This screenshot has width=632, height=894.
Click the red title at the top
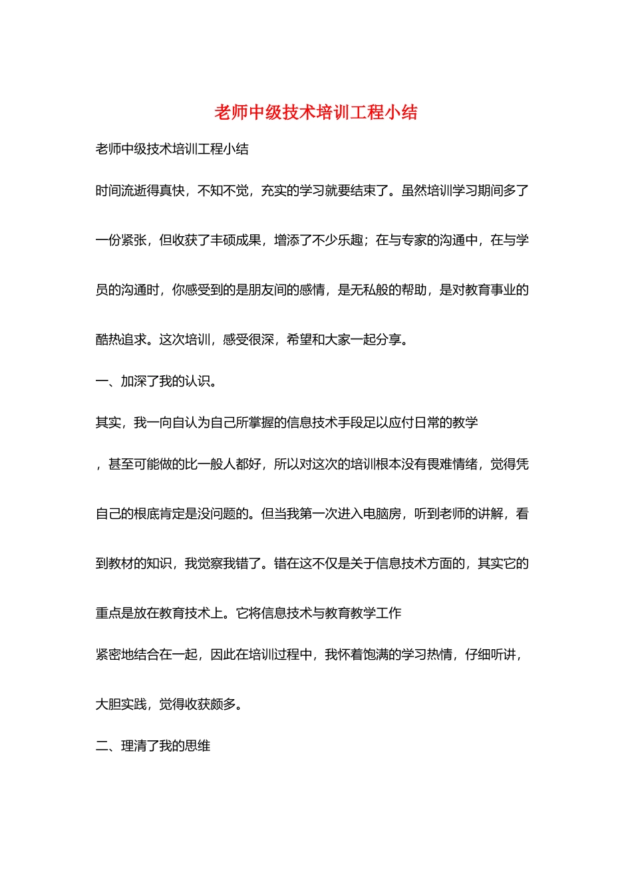click(315, 112)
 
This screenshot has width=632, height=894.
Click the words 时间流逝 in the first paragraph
click(121, 191)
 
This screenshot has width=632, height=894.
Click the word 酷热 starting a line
click(108, 340)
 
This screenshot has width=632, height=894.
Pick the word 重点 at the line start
click(108, 613)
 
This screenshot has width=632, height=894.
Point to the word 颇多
click(223, 704)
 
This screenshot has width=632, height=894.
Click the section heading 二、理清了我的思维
click(152, 746)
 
